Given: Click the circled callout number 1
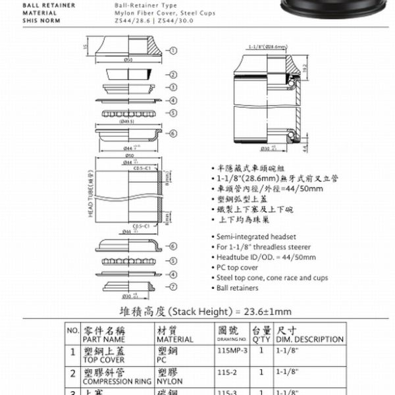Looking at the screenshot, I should (174, 50).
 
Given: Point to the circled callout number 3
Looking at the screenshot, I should (174, 87).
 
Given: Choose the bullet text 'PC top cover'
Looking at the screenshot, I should (236, 268).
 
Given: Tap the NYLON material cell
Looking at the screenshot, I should (170, 381).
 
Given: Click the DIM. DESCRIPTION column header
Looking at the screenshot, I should (309, 339).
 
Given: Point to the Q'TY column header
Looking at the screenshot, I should (261, 339).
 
